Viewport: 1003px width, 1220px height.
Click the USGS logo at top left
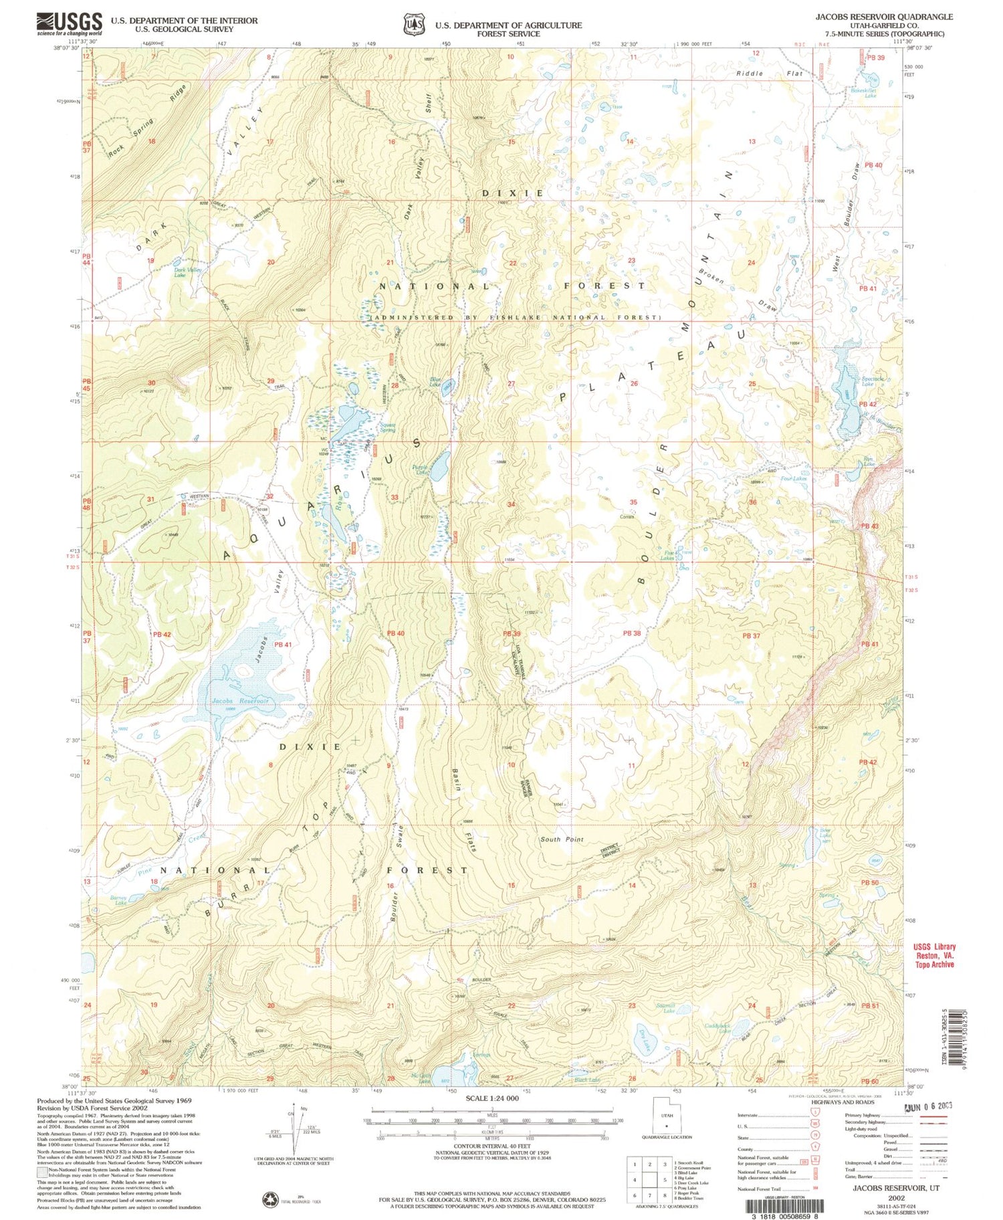click(x=70, y=24)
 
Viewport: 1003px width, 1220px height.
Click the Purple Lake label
click(x=420, y=470)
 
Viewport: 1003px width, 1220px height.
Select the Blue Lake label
click(x=435, y=381)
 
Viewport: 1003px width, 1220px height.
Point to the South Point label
click(x=562, y=839)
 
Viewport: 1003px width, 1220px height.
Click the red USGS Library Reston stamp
click(x=934, y=955)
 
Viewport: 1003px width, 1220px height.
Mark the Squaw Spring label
click(x=387, y=427)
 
